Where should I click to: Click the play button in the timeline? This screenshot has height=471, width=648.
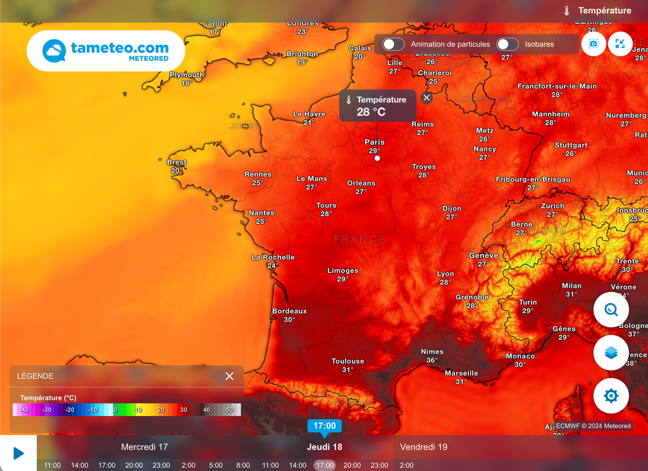(x=18, y=453)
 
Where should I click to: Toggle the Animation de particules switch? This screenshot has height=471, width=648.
(x=394, y=44)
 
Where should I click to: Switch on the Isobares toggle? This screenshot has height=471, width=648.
(x=508, y=44)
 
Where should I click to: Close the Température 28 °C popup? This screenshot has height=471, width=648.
(x=427, y=98)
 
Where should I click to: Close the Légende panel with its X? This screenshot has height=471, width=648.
(x=229, y=376)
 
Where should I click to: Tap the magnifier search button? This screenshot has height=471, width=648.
(x=611, y=310)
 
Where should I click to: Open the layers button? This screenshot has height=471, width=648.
(x=611, y=353)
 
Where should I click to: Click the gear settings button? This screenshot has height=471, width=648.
(x=611, y=396)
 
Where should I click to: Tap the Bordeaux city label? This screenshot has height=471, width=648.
(x=289, y=312)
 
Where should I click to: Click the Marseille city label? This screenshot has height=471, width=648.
(x=461, y=374)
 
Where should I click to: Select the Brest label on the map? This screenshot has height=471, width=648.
(x=177, y=163)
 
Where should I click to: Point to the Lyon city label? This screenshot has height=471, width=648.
(x=445, y=274)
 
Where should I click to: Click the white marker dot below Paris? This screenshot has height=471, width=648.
(x=377, y=158)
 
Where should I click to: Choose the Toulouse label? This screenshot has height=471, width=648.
(x=348, y=362)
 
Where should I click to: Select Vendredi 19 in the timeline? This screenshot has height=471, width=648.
(x=424, y=447)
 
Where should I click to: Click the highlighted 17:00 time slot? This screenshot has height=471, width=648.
(x=325, y=465)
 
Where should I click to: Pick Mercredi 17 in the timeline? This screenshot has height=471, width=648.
(x=144, y=447)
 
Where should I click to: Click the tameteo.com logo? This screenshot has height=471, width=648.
(x=106, y=51)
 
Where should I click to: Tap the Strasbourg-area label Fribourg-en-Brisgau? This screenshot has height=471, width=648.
(x=533, y=180)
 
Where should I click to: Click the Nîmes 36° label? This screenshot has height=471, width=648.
(x=432, y=352)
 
